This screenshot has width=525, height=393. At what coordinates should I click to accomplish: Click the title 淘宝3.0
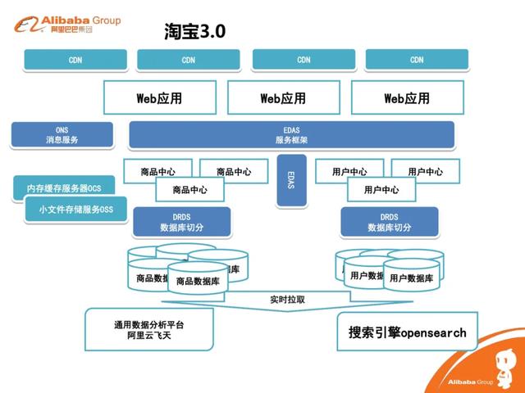coord(194,31)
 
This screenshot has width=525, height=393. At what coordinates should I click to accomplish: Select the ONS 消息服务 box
coord(62,135)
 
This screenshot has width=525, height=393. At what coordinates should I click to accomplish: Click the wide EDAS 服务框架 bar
coord(291,135)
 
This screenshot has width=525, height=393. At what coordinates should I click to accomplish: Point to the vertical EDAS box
coord(290,179)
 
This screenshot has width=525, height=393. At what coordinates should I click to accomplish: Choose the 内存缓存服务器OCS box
coord(64,187)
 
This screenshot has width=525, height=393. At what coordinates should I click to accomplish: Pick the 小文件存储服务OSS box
coord(75,210)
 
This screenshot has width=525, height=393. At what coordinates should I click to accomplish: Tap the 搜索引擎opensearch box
coord(407,332)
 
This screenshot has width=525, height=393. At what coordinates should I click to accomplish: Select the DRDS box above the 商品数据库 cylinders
coord(181,222)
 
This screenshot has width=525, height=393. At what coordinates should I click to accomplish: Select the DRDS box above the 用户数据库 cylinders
coord(389,222)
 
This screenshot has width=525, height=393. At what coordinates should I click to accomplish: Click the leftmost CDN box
coord(75,60)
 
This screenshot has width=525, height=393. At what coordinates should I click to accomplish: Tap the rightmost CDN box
coord(417,60)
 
